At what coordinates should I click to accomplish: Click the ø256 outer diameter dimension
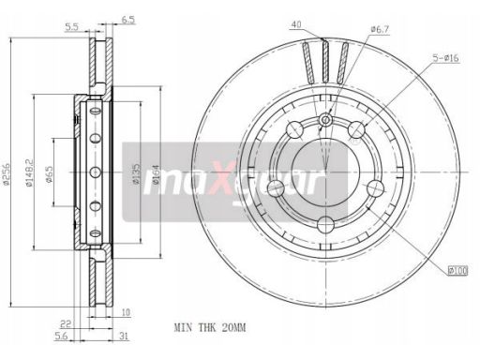(6, 172)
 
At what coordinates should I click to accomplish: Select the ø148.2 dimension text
(29, 172)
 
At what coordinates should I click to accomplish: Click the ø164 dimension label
(156, 173)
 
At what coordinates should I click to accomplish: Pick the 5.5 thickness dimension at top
(71, 27)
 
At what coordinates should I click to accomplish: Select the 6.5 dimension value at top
(128, 20)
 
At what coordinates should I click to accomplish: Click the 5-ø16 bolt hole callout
(445, 58)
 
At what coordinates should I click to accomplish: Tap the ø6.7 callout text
(380, 30)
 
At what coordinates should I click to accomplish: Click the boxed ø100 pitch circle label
(457, 270)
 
